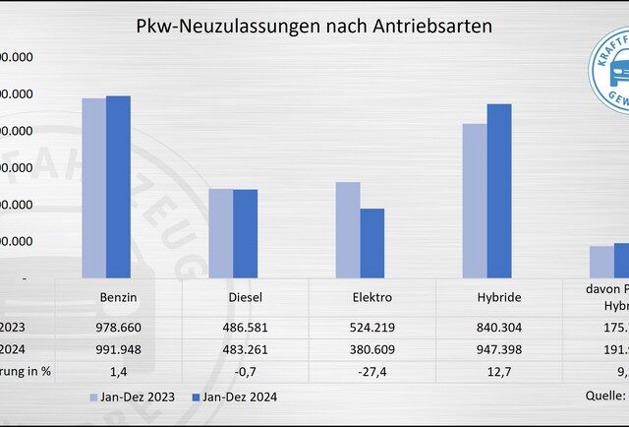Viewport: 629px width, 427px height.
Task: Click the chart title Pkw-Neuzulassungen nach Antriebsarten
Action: (x=314, y=26)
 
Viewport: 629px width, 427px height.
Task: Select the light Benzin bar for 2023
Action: (x=93, y=188)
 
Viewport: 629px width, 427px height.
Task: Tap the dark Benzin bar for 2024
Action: (x=118, y=187)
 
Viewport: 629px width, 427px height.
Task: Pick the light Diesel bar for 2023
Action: (x=220, y=233)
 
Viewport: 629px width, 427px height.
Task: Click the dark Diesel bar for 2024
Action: (x=245, y=233)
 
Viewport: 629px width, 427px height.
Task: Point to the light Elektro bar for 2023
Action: (x=347, y=230)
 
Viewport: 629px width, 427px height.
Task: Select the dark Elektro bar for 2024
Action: (x=372, y=243)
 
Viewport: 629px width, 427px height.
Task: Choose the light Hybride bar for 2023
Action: (x=474, y=201)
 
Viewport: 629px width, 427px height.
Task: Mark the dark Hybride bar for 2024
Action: (x=499, y=191)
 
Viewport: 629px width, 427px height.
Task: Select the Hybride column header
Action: (x=498, y=296)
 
